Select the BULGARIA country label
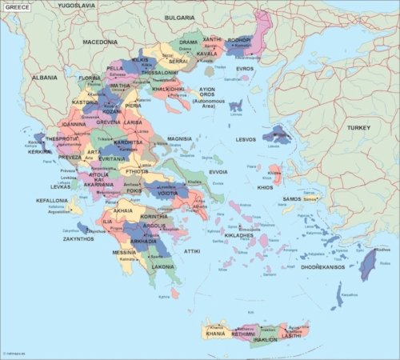tap(179, 17)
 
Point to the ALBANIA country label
tap(44, 78)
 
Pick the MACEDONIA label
tap(100, 41)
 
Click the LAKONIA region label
tap(163, 266)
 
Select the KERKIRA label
tap(40, 151)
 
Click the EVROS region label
tap(245, 69)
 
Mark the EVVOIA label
tap(218, 171)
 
